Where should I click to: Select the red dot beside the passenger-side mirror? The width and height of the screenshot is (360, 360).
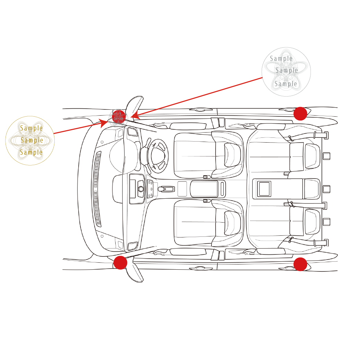click(120, 263)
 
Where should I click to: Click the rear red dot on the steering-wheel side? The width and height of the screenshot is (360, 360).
click(300, 114)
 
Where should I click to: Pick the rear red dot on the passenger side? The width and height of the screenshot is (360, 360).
click(300, 264)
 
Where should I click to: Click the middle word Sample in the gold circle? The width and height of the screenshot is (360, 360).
click(32, 140)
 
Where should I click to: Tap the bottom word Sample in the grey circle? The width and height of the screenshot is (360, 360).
click(286, 84)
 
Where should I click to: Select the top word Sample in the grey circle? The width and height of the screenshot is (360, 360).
click(281, 59)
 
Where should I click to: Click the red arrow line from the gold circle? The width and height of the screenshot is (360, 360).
click(76, 128)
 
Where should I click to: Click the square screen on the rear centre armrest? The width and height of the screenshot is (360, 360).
click(264, 189)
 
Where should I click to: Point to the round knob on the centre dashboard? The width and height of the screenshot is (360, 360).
click(141, 189)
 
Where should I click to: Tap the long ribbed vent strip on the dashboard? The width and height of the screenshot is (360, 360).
click(98, 189)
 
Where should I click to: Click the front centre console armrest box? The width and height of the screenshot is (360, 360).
click(204, 189)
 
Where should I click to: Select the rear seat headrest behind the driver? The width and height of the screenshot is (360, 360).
click(312, 156)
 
